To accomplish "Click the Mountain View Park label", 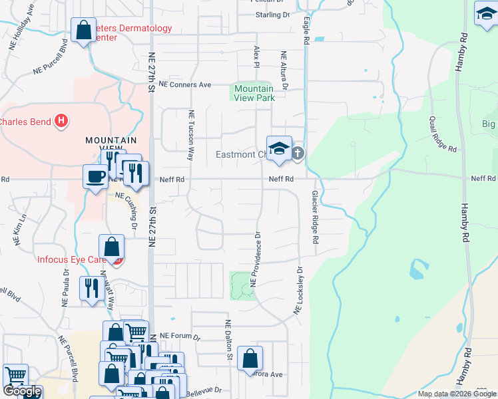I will (x=254, y=93).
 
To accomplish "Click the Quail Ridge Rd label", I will (x=443, y=134).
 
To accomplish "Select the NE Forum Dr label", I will (x=179, y=336).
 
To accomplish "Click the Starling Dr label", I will (x=273, y=14).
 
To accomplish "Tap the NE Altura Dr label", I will (x=284, y=71).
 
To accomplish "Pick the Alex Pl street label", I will (x=256, y=56).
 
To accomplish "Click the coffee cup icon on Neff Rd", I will (x=95, y=176).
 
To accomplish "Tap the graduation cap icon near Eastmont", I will (x=279, y=148).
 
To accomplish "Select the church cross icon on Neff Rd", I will (x=297, y=154).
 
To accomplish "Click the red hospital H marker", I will (x=61, y=121).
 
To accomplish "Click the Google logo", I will (x=21, y=391).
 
